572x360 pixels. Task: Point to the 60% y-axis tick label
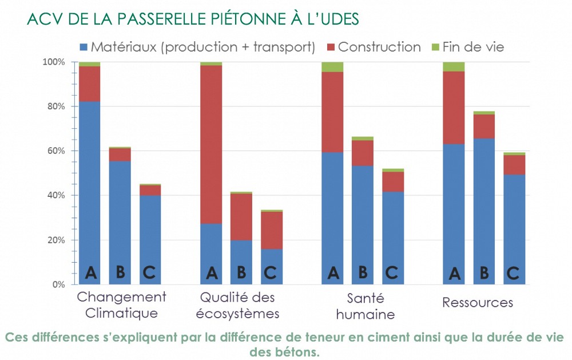point(57,151)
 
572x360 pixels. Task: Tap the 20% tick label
point(57,240)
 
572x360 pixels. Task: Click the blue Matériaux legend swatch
point(84,47)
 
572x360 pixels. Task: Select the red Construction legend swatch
point(331,47)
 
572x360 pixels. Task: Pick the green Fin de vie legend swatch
point(435,47)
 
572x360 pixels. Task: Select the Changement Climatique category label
point(121,305)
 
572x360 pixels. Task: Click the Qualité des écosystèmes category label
point(237,305)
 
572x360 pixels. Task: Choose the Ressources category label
point(478,302)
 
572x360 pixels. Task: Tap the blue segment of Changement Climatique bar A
point(90,183)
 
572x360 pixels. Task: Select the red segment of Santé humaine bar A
point(332,112)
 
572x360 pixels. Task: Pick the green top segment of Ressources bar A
point(454,66)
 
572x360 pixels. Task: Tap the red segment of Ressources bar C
point(514,165)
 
